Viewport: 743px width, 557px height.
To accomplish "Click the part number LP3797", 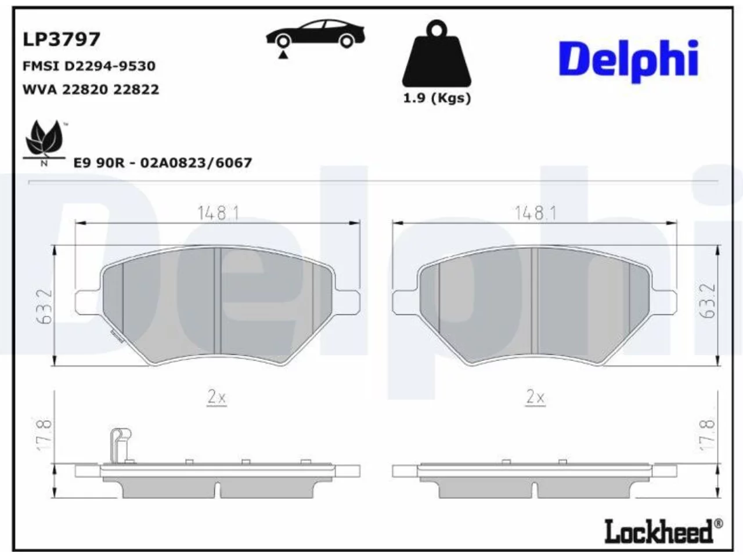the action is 62,39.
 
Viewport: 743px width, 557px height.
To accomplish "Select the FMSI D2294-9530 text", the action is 89,66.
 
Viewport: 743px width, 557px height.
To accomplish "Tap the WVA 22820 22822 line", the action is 91,89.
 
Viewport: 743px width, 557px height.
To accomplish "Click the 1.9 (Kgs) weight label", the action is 437,99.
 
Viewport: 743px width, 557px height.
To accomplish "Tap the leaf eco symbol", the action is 44,142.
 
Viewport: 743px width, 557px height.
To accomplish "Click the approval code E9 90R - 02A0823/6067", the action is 163,163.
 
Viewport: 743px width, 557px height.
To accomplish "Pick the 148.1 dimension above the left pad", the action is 218,213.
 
